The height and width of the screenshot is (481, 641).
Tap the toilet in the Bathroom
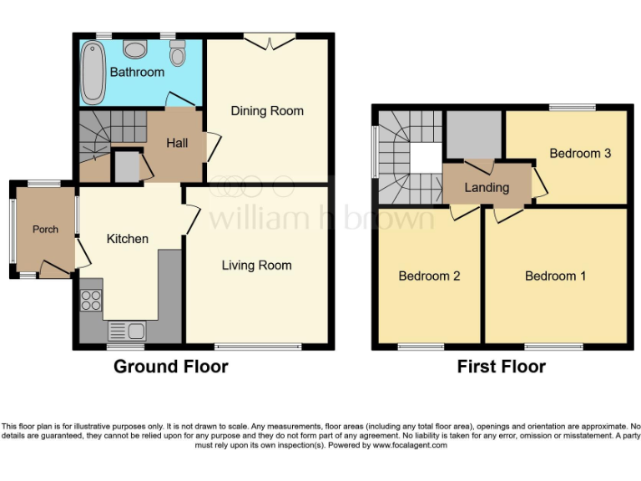tap(177, 54)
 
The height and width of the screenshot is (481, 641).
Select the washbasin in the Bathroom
tap(134, 48)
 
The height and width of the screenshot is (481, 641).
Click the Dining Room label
tap(267, 111)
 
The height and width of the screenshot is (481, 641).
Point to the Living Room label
tap(256, 266)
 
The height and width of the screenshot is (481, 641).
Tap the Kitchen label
tap(127, 239)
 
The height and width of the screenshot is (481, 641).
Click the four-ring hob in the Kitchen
tap(91, 300)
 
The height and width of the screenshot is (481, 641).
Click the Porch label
tap(45, 229)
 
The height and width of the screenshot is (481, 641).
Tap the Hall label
tap(177, 143)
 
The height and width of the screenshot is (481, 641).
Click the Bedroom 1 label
tap(555, 276)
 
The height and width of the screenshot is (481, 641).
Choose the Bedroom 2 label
tap(429, 276)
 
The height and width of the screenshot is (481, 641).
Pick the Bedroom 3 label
tap(580, 154)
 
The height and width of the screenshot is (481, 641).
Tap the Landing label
tap(487, 187)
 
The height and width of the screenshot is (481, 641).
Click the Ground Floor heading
tap(170, 367)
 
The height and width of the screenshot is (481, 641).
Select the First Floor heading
tap(501, 367)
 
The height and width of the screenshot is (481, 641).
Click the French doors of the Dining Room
tap(270, 37)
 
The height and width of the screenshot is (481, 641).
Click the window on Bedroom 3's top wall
tap(572, 107)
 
